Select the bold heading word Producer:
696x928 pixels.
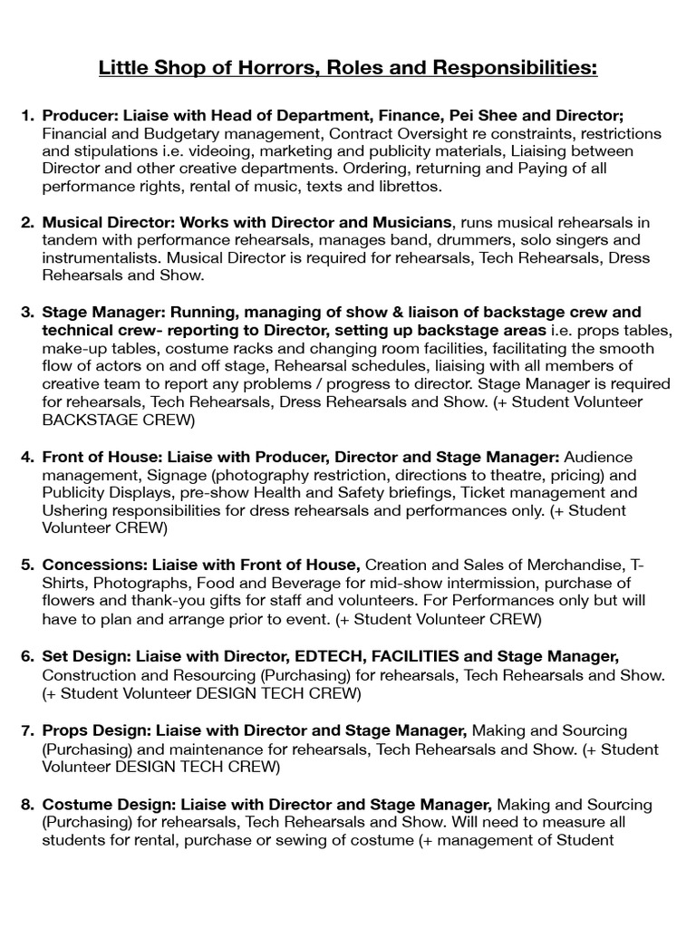(82, 115)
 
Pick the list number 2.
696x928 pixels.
(27, 222)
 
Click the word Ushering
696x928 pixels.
(76, 510)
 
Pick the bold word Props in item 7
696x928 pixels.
(64, 730)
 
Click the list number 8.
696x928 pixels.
(27, 804)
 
